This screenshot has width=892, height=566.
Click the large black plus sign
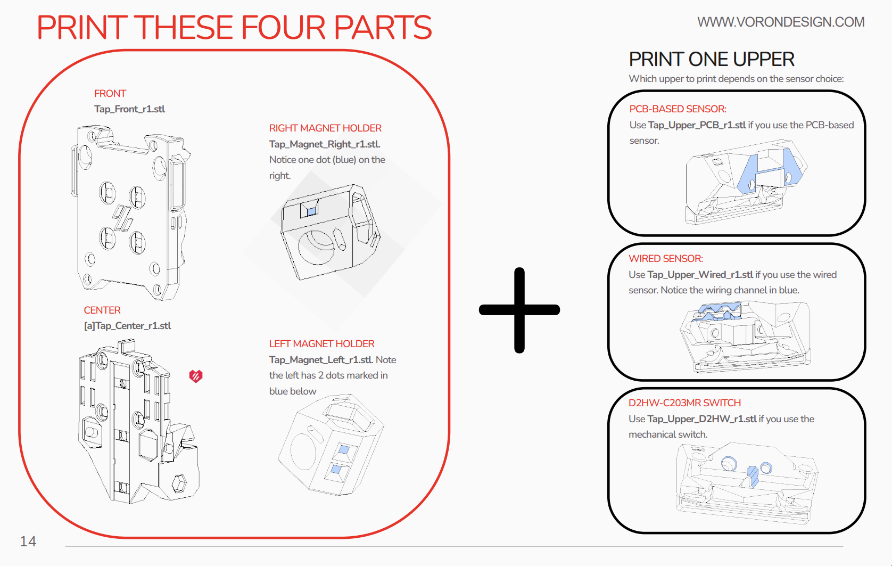pos(519,310)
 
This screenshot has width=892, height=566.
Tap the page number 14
pos(28,542)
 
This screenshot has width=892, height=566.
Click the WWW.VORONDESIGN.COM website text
pos(780,22)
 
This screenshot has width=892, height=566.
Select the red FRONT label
pos(110,94)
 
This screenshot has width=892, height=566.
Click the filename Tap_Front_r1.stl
pos(129,109)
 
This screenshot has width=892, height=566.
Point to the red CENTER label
pos(102,310)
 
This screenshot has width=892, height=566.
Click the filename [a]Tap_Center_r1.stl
pos(127,326)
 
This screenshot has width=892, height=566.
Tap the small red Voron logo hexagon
pos(196,376)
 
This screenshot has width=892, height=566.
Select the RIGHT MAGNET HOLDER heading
pos(325,128)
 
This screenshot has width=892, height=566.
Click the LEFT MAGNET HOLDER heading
pos(321,344)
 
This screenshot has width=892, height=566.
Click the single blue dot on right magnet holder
pos(311,211)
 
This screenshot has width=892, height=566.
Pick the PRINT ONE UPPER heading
pos(711,60)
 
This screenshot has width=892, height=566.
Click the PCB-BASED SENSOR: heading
pos(678,109)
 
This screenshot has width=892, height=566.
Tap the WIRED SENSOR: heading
pos(665,259)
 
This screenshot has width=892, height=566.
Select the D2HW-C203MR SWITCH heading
pos(684,403)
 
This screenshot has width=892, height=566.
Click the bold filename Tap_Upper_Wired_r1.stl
pos(700,275)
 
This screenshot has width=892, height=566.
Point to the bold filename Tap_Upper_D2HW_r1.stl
pos(701,419)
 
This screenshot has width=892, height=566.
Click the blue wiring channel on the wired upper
pos(718,311)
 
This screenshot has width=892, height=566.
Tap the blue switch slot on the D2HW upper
pos(752,475)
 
